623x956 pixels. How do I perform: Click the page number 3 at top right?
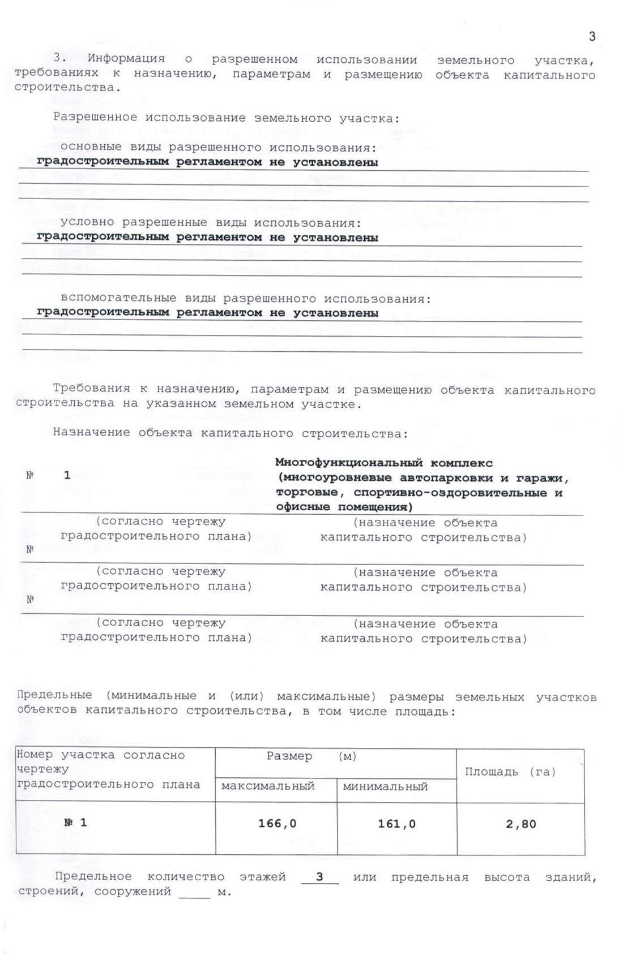592,37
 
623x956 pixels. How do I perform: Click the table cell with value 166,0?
277,824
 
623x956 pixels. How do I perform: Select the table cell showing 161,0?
396,824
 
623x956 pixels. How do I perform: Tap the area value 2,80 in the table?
520,824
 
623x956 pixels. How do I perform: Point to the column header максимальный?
268,786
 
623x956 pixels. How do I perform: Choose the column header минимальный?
385,786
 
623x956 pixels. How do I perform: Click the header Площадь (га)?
510,772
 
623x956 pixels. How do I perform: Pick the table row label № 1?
76,822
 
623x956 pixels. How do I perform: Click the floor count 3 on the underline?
319,876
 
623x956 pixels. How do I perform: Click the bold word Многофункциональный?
344,463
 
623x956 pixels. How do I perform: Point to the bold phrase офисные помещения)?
344,507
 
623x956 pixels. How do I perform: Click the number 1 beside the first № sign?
67,475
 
